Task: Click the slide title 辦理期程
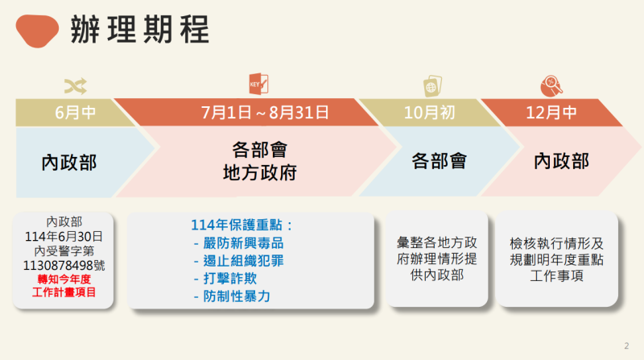(x=139, y=29)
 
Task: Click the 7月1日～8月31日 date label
(x=265, y=112)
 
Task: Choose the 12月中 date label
(x=552, y=112)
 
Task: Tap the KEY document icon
(x=258, y=84)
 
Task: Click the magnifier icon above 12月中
(x=551, y=84)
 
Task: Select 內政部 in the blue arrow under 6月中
(x=69, y=162)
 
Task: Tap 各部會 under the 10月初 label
(x=439, y=161)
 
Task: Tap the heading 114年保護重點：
(x=242, y=225)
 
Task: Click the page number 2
(x=626, y=346)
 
